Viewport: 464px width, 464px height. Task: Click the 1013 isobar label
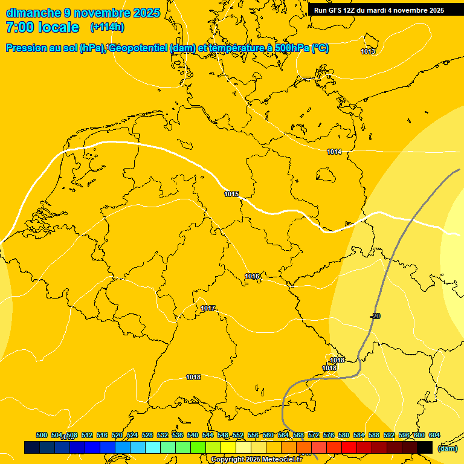point(368,51)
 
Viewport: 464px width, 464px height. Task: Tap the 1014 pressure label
point(334,152)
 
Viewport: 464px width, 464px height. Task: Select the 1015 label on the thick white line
point(231,194)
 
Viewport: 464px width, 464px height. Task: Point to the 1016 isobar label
point(252,277)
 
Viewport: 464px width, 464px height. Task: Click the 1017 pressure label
point(208,309)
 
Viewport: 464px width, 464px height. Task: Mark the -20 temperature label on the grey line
point(375,317)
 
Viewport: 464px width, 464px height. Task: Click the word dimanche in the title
point(33,13)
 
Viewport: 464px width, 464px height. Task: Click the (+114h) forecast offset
point(107,27)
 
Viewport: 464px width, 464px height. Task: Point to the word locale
point(59,27)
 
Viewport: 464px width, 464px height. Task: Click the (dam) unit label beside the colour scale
point(447,448)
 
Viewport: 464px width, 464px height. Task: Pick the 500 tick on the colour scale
point(42,436)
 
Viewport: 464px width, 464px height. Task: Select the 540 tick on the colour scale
point(193,436)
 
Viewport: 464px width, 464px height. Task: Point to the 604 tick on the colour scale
point(434,436)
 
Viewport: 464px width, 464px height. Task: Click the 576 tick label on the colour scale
point(329,436)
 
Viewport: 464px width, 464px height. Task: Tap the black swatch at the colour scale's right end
point(425,447)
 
